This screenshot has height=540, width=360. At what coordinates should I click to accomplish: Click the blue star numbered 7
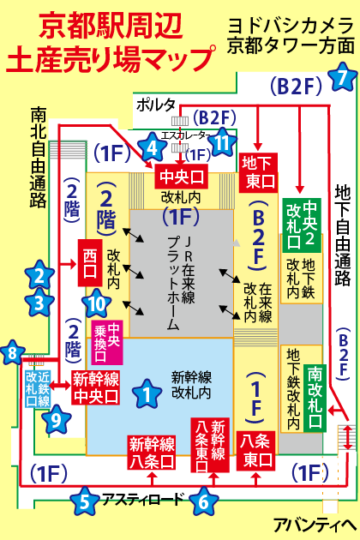pos(342,77)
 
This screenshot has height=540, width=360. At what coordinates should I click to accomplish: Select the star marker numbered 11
pos(223,141)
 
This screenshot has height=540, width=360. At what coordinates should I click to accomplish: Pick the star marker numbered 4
pos(154,147)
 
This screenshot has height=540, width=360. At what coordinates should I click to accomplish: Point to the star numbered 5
pos(84,500)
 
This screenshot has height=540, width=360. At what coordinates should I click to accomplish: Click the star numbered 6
pos(204,500)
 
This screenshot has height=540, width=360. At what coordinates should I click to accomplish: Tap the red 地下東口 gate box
pos(259,171)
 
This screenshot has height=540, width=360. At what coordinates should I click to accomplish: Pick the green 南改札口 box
pos(315,387)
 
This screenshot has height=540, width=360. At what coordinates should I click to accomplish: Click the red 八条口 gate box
pos(257,450)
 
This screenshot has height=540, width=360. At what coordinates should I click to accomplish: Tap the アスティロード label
pos(143,499)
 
